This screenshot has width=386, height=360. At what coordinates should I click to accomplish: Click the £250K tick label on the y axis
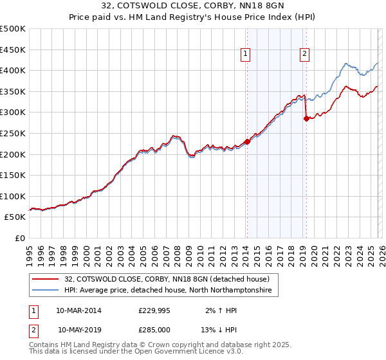pyautogui.click(x=13, y=133)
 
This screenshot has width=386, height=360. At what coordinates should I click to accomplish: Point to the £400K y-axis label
pyautogui.click(x=13, y=70)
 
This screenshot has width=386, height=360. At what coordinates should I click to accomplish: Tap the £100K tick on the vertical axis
pyautogui.click(x=13, y=196)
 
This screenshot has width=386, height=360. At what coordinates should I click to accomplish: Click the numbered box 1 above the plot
pyautogui.click(x=246, y=55)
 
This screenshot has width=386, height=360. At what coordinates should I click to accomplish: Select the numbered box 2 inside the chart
pyautogui.click(x=304, y=55)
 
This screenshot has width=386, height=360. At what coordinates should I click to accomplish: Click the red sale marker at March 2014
pyautogui.click(x=247, y=142)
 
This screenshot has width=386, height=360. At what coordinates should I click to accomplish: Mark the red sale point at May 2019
pyautogui.click(x=306, y=119)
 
